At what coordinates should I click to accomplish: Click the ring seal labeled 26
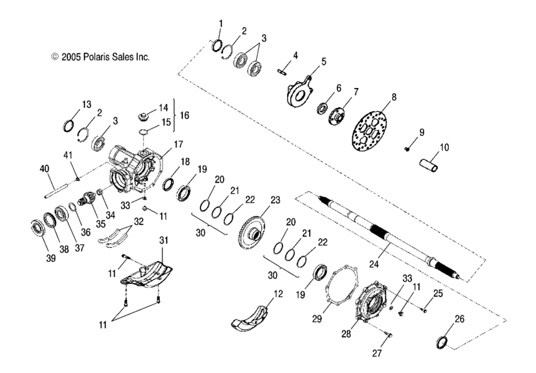click(441, 342)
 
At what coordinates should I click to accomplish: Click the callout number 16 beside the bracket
click(184, 115)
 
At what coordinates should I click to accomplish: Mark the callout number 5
click(323, 61)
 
